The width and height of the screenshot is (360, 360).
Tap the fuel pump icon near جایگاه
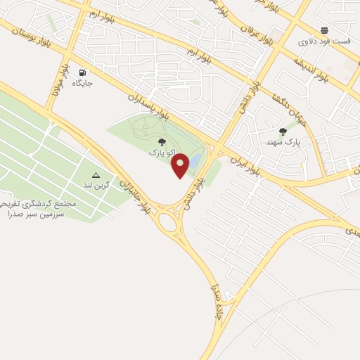[x=83, y=72]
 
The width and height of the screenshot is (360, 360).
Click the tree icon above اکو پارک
[x=162, y=142]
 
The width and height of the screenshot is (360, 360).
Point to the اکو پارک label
[x=159, y=152]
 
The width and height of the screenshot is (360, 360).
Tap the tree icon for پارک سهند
[x=283, y=131]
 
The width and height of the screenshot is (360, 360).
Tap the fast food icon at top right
[x=324, y=30]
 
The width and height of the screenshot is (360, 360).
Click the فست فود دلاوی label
[x=324, y=41]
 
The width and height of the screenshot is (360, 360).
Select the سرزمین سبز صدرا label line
[x=34, y=212]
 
